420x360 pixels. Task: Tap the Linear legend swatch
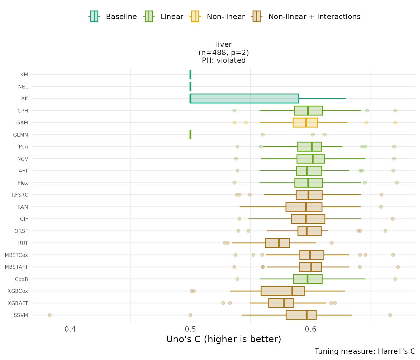(x=148, y=16)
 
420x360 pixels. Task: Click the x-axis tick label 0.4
(x=70, y=329)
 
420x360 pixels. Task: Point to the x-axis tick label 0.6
(x=311, y=329)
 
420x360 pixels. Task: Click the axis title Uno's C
(x=223, y=339)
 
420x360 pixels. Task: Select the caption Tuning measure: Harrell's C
(x=365, y=351)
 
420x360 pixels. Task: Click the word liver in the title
(x=224, y=44)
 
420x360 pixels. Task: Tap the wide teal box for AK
(x=244, y=98)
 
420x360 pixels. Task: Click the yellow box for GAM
(x=305, y=122)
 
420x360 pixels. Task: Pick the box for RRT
(x=277, y=243)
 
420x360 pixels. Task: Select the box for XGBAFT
(x=281, y=303)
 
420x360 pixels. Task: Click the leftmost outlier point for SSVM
(x=49, y=315)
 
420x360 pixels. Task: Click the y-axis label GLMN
(x=21, y=135)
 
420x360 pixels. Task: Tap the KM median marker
(x=190, y=74)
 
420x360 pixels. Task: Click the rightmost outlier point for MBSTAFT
(x=398, y=267)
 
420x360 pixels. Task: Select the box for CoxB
(x=307, y=279)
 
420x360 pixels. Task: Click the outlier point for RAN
(x=381, y=207)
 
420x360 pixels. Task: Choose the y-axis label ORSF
(x=21, y=231)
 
